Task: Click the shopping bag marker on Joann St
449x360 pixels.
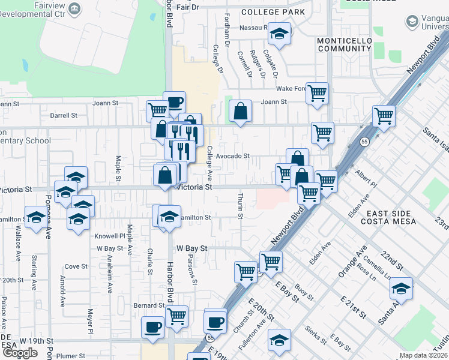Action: click(240, 111)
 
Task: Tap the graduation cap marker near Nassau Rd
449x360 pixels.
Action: click(279, 34)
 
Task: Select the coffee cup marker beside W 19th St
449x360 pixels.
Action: click(152, 328)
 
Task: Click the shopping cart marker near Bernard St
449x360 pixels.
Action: click(176, 316)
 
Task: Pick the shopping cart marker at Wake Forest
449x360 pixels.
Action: click(317, 93)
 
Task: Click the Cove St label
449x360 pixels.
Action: click(76, 266)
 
